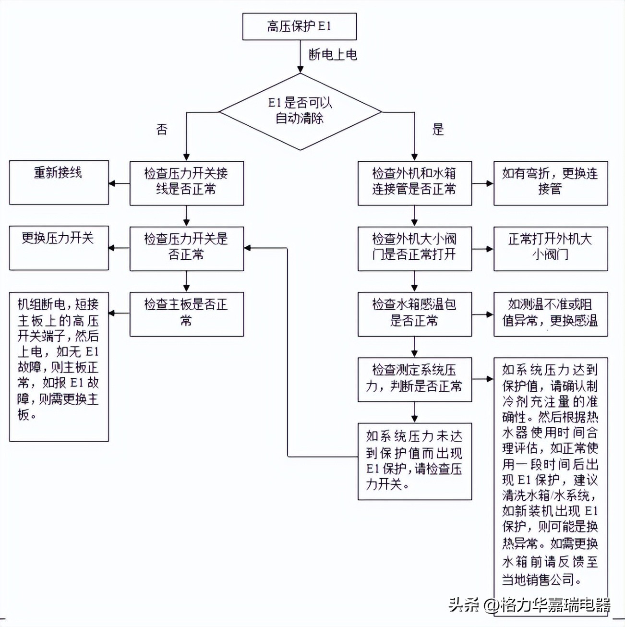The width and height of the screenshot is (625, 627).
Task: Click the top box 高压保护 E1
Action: tap(299, 26)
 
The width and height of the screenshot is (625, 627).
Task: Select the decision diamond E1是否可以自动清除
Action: tap(300, 111)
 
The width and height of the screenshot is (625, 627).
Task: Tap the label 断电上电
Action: tap(333, 55)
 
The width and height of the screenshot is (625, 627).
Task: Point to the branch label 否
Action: tap(162, 129)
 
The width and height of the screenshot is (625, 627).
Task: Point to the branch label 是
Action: tap(438, 129)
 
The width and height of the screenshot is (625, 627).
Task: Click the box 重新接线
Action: tap(59, 182)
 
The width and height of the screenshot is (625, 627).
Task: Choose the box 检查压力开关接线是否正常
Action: tap(186, 183)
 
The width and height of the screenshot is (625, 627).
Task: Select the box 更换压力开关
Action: tap(59, 248)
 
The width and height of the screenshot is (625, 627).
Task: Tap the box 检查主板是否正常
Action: tap(186, 314)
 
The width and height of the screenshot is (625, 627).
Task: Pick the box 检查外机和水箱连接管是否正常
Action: tap(414, 183)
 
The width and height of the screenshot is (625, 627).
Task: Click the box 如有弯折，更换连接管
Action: tap(550, 183)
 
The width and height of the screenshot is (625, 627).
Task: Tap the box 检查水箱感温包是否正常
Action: tap(414, 314)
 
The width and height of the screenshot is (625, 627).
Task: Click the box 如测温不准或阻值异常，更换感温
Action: tap(550, 314)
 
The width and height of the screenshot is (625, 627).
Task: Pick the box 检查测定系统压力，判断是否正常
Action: tap(414, 379)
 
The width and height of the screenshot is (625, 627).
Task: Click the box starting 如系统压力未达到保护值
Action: tap(414, 461)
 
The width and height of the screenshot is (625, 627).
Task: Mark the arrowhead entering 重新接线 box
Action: tap(112, 183)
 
